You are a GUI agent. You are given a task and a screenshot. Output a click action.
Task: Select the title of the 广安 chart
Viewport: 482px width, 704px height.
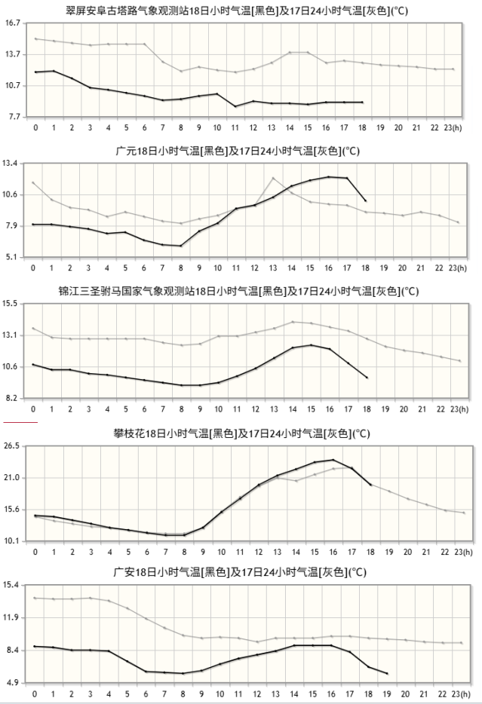240,573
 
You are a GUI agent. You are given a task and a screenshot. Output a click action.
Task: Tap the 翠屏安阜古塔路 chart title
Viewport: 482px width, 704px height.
241,10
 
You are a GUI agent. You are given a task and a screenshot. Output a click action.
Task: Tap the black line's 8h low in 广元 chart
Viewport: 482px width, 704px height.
181,246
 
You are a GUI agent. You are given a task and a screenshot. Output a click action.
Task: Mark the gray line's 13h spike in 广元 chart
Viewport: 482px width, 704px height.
273,178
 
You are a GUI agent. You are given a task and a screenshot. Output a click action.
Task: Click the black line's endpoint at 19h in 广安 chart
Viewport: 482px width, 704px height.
387,673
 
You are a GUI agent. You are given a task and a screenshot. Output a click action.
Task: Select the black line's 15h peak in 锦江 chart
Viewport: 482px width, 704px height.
312,345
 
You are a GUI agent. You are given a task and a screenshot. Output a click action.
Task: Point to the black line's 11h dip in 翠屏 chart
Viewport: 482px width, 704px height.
235,106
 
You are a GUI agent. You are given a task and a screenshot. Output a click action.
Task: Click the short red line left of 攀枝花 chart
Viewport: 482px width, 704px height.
20,423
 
